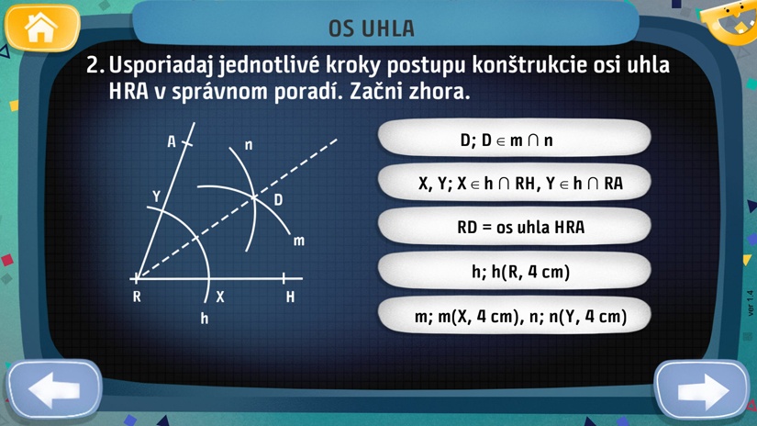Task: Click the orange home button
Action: (42, 28)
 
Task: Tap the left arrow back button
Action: (54, 389)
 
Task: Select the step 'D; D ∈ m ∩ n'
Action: (515, 140)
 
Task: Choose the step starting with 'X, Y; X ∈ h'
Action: (515, 183)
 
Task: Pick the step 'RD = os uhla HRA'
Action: (515, 227)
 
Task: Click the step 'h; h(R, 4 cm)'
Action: (515, 272)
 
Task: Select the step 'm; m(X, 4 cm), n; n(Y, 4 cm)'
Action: (515, 316)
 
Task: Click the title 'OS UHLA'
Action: (372, 28)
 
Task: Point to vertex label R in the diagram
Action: (137, 297)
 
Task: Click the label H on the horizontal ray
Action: (290, 297)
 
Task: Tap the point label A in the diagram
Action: (172, 142)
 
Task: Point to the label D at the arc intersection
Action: (278, 199)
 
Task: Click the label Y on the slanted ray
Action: (156, 196)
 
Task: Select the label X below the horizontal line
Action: (220, 297)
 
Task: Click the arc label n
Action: (249, 145)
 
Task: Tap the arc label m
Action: (299, 241)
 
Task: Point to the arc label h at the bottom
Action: (205, 319)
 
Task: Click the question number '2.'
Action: (95, 65)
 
